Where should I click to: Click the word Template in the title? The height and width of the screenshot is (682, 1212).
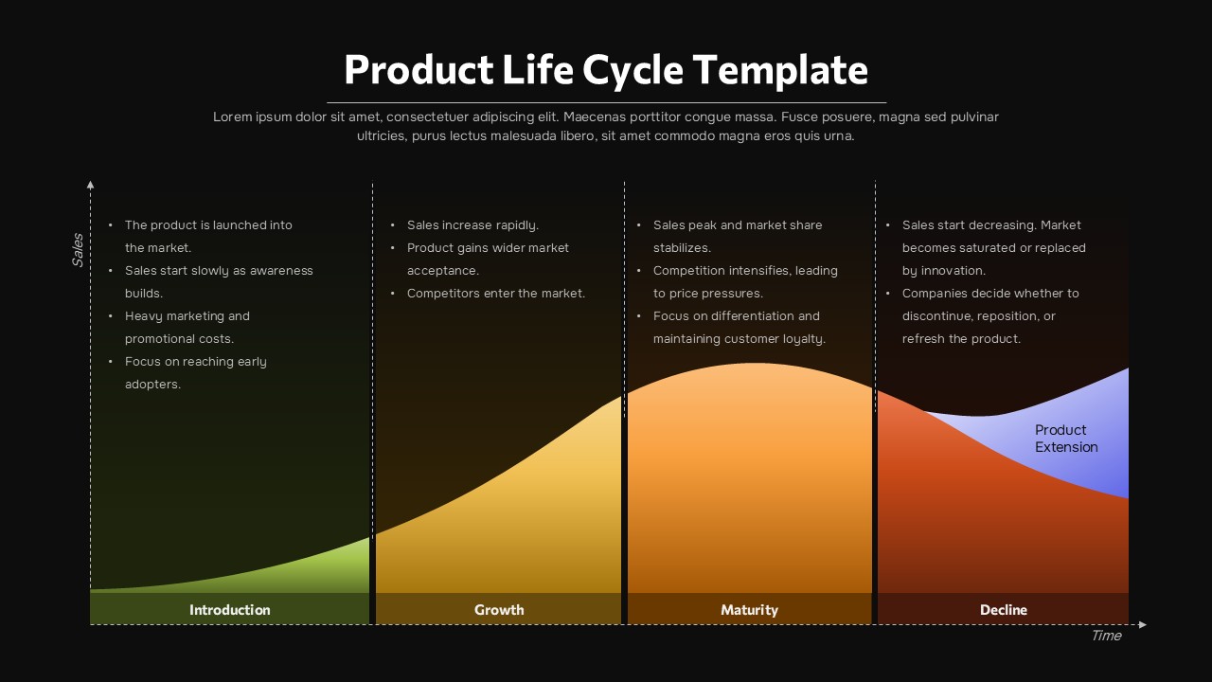coord(779,70)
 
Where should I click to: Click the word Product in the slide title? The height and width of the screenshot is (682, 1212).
coord(419,70)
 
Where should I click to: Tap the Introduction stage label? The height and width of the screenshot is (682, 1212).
coord(229,610)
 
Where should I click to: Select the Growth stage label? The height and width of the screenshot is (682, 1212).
coord(499,610)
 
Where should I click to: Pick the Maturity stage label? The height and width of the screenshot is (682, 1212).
coord(749,610)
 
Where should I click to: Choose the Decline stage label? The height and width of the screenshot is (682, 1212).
coord(1003,610)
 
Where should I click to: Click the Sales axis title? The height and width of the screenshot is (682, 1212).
coord(78,249)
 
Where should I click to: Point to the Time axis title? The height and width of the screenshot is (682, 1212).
coord(1105,636)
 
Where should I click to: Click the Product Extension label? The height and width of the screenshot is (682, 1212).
coord(1065,439)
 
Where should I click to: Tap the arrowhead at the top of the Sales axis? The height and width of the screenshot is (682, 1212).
coord(91,184)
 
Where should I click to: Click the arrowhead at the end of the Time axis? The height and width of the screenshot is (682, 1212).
coord(1142,624)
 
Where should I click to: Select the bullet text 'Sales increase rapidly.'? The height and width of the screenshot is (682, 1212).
coord(472,225)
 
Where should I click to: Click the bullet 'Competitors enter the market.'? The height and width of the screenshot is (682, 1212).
coord(495,294)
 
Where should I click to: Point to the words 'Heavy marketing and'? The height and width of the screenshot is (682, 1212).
coord(187,316)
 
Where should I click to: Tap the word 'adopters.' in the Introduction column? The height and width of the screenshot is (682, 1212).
coord(152,385)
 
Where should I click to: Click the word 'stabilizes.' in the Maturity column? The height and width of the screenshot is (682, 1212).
coord(682,248)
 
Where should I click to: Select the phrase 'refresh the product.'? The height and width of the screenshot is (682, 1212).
coord(961,339)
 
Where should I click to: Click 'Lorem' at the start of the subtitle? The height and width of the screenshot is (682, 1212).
coord(232,117)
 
